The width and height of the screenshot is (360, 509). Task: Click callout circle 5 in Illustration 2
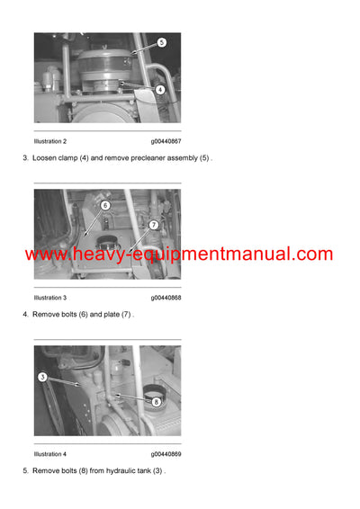pos(161,42)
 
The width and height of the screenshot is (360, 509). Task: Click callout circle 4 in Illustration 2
pos(159,89)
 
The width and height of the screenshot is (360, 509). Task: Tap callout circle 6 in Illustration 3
pos(104,205)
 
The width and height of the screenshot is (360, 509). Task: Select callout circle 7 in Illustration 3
pos(154,225)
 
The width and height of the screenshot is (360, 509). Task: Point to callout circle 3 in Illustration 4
pos(41,377)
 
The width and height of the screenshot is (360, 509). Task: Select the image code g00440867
pos(166,141)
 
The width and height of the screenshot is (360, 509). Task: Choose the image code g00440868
pos(166,298)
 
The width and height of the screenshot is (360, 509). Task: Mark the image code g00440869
pos(166,454)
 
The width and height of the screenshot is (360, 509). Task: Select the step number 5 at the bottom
pos(25,471)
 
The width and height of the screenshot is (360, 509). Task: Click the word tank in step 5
pos(148,471)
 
